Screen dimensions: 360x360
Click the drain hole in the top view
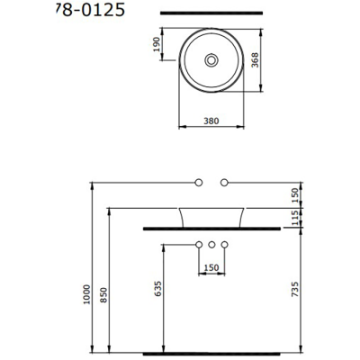[x=211, y=59]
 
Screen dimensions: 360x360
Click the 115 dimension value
[x=294, y=216]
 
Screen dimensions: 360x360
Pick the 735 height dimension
[x=294, y=288]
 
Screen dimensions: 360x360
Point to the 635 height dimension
[x=157, y=288]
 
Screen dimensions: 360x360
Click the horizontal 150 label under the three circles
[x=211, y=267]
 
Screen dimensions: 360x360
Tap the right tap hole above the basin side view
[x=224, y=182]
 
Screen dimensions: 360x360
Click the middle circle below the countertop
[x=211, y=245]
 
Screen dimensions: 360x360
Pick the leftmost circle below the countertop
[x=197, y=245]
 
